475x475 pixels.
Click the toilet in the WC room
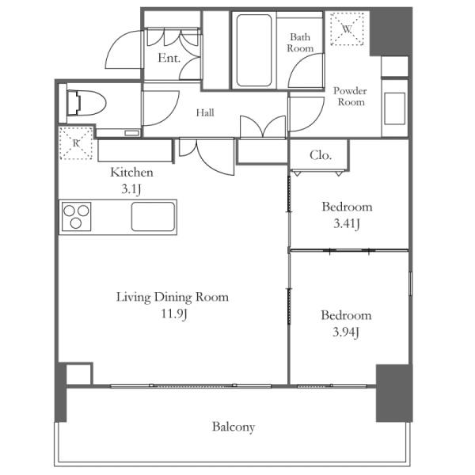86,103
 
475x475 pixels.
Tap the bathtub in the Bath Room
254,51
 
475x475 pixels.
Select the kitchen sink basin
154,217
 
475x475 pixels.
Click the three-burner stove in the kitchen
76,217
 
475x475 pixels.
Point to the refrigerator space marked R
76,143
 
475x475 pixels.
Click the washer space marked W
347,29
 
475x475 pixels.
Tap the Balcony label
234,427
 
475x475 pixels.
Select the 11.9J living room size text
173,313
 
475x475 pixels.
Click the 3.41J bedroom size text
347,224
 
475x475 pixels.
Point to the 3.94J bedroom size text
346,332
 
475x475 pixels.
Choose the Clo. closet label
321,155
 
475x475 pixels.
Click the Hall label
205,112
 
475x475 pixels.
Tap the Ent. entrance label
169,58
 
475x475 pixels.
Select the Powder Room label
350,97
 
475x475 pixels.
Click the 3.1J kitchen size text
131,189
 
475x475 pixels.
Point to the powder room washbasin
395,108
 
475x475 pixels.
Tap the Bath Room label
300,43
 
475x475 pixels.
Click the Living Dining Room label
173,297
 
